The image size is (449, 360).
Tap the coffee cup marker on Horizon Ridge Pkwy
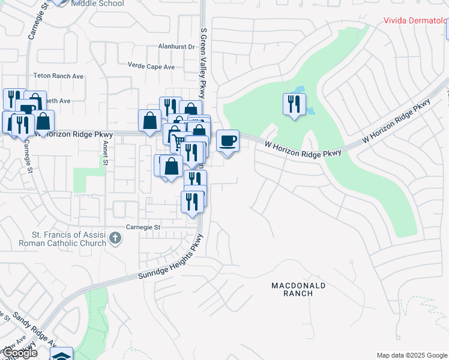click(228, 142)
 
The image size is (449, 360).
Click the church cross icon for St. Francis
click(116, 239)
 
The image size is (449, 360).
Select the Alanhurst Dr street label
click(176, 46)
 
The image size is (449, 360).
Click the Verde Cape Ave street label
click(151, 66)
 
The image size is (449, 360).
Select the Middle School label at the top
click(97, 4)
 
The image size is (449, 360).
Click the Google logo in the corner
click(19, 353)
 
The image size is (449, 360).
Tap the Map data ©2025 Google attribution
click(412, 355)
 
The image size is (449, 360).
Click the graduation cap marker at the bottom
click(61, 355)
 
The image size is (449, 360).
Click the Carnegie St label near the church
click(143, 227)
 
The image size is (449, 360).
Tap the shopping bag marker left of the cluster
click(149, 121)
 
